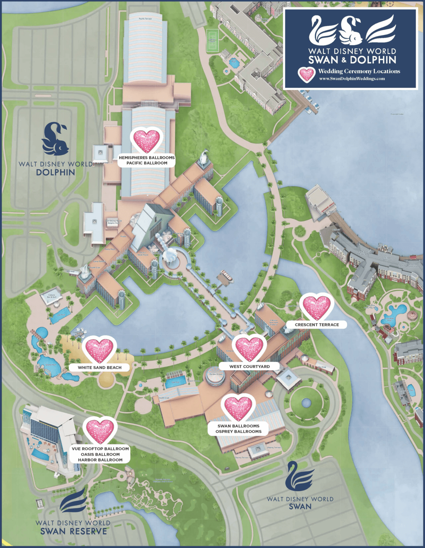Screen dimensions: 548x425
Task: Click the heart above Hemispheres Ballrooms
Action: (x=147, y=141)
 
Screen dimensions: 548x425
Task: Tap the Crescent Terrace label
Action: (x=317, y=325)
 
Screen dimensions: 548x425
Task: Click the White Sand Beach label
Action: (x=100, y=367)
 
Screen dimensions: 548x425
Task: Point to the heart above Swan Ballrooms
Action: (x=238, y=407)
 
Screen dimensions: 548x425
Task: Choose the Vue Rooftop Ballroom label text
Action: (x=100, y=449)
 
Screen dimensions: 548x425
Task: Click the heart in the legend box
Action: (x=307, y=74)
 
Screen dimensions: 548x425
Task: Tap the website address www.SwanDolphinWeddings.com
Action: (x=352, y=79)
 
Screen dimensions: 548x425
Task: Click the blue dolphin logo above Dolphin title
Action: (x=55, y=139)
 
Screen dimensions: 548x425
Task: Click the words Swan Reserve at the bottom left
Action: (x=74, y=532)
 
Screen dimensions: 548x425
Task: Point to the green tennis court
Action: (x=213, y=41)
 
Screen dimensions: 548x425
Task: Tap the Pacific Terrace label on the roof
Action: (x=146, y=19)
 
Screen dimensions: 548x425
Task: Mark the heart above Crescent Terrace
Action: (x=317, y=308)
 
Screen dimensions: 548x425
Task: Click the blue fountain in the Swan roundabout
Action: (x=306, y=403)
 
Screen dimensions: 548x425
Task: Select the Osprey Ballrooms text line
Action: (x=238, y=432)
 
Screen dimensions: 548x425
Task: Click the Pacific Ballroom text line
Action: (x=147, y=163)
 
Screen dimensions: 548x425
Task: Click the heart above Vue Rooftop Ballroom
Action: (x=100, y=430)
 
